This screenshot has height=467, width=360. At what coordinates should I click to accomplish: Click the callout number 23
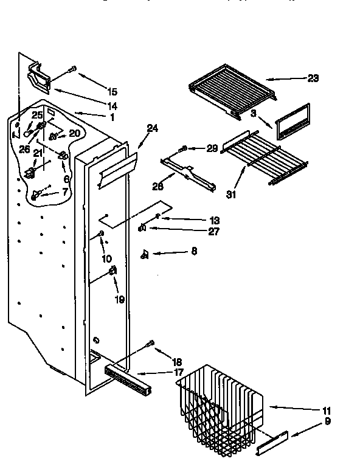coord(313,78)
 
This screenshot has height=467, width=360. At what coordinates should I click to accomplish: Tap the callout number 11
coord(327,410)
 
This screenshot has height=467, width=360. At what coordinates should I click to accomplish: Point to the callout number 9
coord(327,420)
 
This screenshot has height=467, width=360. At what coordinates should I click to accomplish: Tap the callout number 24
coord(151,128)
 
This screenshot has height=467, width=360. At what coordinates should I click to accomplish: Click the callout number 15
coord(112,92)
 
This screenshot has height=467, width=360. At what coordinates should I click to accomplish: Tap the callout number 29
coord(212,148)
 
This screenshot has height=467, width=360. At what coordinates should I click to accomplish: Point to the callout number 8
coord(194,250)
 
